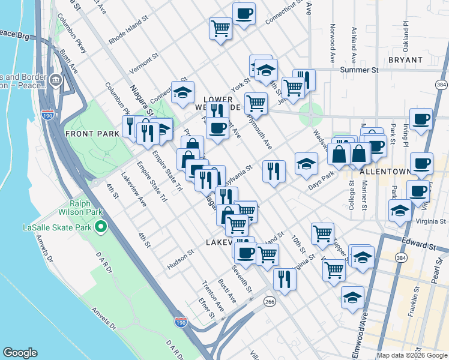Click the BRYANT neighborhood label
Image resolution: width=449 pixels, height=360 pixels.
click(406, 60)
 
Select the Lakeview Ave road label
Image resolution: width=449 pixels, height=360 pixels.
click(134, 190)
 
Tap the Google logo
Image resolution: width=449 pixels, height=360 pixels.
click(20, 353)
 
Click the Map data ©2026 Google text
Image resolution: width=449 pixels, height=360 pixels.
click(411, 355)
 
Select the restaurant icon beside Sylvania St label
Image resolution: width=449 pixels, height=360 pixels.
click(273, 170)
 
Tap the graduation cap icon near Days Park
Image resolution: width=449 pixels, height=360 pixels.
click(306, 164)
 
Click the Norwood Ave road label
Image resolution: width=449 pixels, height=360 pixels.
click(332, 44)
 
